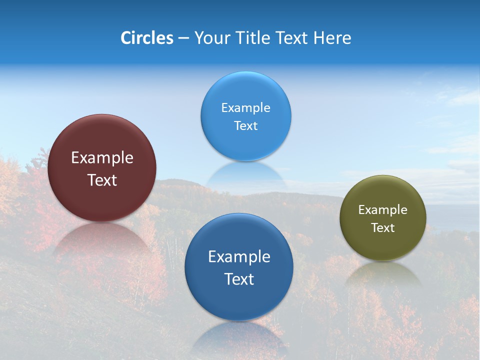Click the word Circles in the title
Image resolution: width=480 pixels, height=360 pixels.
point(147,38)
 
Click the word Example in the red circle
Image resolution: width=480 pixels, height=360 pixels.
point(102,158)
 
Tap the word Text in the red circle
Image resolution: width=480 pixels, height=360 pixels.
point(102,180)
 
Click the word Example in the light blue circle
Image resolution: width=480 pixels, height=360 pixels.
point(245,108)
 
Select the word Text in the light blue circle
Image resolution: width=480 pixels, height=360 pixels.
point(245,126)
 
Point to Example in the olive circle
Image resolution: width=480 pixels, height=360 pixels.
point(383,210)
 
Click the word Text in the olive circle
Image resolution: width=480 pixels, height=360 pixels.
point(383,228)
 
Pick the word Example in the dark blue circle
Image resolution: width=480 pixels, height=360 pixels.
point(239,257)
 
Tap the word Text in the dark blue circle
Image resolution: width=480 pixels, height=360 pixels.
point(239,279)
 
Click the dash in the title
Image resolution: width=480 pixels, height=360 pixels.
point(183,38)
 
